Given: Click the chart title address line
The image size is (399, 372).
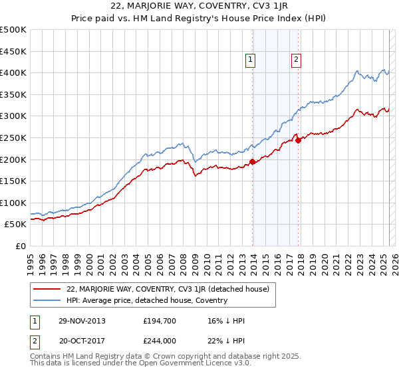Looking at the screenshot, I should tap(199, 7).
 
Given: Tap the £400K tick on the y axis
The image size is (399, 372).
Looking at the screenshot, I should tap(13, 72).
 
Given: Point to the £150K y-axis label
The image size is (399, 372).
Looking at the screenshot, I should tap(13, 181).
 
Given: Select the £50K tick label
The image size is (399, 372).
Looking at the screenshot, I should tap(16, 225).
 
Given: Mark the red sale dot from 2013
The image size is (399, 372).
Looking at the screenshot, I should tap(253, 161).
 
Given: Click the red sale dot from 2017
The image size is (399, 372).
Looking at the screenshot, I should tap(298, 139).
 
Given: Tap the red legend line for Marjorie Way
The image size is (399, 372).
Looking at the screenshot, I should tap(47, 289).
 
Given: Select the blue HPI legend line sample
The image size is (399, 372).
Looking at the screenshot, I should tap(47, 300).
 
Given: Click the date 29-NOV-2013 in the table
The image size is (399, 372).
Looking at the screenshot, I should tap(81, 321).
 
